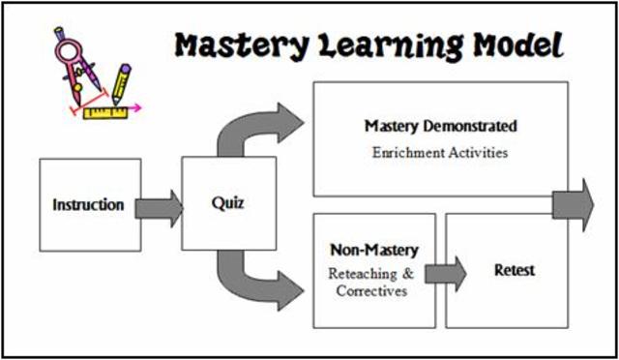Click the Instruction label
(x=88, y=204)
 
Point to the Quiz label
(x=228, y=203)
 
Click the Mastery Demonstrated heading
(x=440, y=126)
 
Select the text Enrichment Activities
(x=440, y=152)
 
